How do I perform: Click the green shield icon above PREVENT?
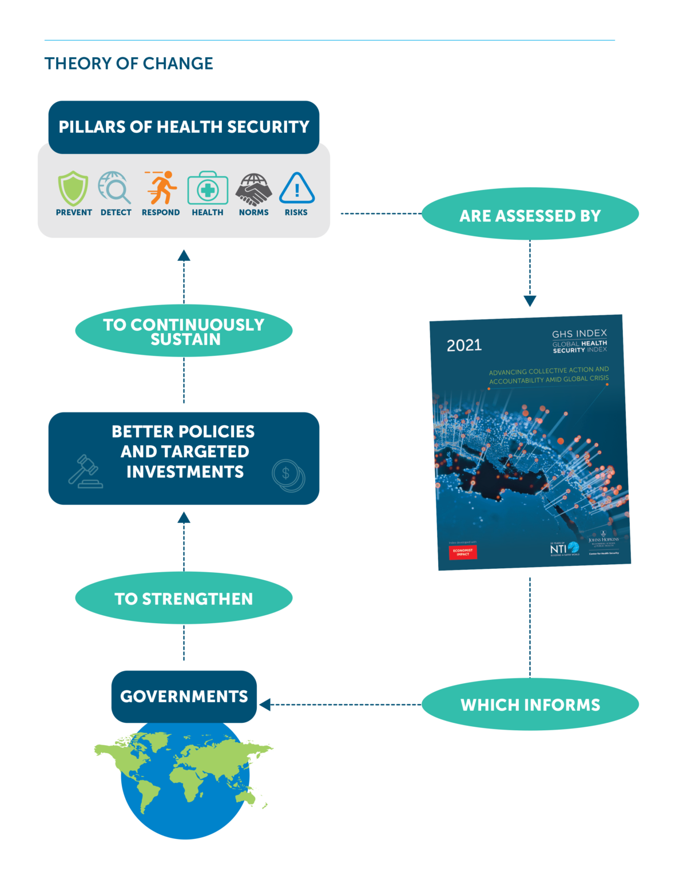click(73, 188)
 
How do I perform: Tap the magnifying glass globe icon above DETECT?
click(114, 187)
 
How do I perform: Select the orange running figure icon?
click(161, 187)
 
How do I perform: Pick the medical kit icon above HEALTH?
click(208, 188)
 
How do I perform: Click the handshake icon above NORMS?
click(253, 189)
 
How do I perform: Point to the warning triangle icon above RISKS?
click(296, 188)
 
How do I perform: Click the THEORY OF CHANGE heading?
click(129, 64)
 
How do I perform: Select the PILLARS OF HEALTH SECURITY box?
click(184, 126)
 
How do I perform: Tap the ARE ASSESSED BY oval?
click(530, 215)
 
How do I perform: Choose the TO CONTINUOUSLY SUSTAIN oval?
click(184, 331)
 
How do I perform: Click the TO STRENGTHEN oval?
click(184, 599)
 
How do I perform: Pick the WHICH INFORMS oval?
click(530, 704)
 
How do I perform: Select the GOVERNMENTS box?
click(184, 696)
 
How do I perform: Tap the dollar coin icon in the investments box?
click(288, 475)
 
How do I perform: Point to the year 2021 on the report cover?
click(464, 346)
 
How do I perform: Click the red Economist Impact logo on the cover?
click(462, 552)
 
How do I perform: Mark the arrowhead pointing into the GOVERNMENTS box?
click(264, 704)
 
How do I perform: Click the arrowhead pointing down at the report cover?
click(530, 301)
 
